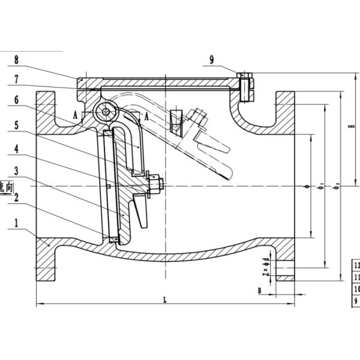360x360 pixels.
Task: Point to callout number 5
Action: (17, 125)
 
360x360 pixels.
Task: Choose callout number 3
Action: (17, 171)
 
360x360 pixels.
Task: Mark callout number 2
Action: (17, 196)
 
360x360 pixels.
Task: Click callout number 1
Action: (17, 221)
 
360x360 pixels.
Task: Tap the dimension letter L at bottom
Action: (165, 300)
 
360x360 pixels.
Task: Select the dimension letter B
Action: (259, 291)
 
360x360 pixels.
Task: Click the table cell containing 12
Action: (356, 265)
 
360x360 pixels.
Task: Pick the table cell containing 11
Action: (356, 278)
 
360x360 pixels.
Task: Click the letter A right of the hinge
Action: (146, 118)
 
